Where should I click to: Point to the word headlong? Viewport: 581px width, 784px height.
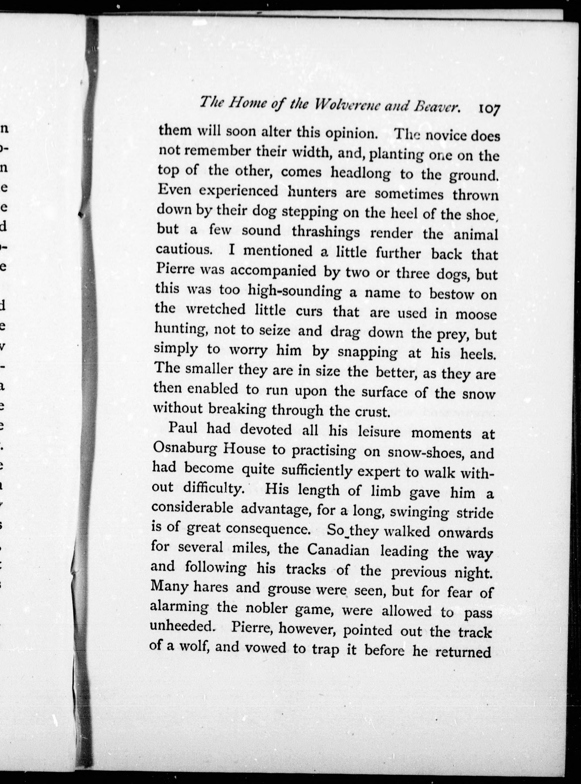360,172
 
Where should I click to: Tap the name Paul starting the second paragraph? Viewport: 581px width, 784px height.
183,428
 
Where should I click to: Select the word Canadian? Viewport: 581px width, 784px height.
338,550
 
